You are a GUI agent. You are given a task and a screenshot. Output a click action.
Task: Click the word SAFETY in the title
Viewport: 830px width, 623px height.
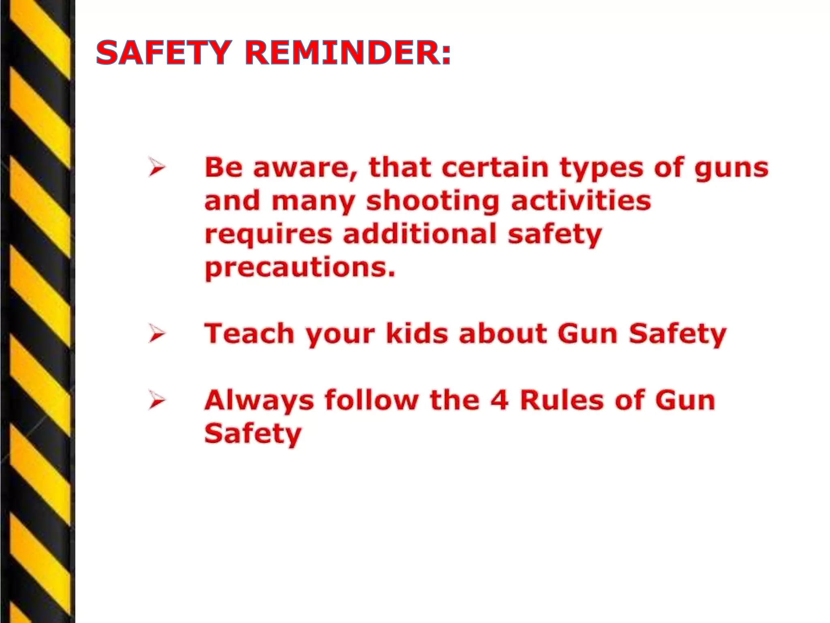pos(164,53)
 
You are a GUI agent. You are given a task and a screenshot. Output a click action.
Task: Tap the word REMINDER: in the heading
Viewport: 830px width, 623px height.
pos(348,53)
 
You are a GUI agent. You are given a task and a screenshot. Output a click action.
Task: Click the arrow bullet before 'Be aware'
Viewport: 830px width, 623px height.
pos(157,168)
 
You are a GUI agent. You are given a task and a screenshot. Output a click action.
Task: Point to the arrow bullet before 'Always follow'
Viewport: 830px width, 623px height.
pos(157,400)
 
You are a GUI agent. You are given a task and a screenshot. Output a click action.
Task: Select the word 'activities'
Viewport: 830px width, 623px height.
pos(581,201)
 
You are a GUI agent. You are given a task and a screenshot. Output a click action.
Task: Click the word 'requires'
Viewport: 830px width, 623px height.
pos(268,235)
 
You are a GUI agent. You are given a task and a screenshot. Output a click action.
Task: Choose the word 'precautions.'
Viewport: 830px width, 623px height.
pos(300,269)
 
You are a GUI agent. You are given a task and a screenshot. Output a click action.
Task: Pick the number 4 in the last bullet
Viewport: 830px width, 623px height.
pos(499,400)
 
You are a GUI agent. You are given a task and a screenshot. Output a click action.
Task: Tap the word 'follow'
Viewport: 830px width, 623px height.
pos(371,400)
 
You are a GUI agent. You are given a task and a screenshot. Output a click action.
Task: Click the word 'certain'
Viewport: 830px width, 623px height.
pos(495,168)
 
